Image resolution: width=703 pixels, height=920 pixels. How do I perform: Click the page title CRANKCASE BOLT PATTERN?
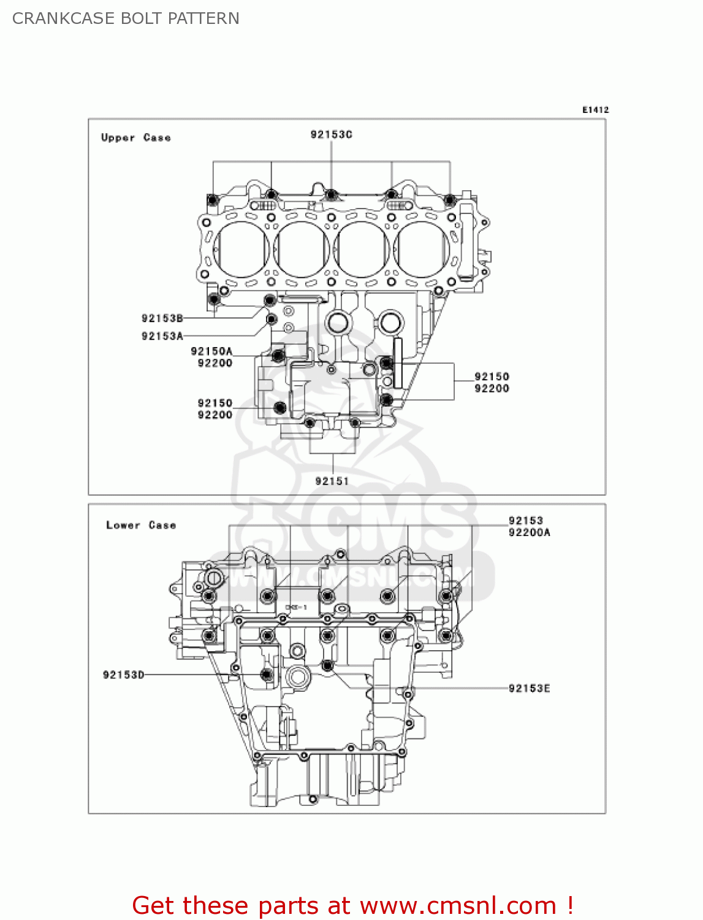(126, 18)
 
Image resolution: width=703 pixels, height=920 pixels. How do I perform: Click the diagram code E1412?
(595, 110)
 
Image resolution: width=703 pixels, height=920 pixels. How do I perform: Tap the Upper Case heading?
(136, 138)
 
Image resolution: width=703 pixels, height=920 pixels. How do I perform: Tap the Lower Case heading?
(141, 526)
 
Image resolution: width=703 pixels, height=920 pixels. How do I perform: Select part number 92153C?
(331, 134)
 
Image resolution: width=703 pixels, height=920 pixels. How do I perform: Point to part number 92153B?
(162, 318)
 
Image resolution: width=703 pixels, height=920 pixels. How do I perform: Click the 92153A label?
(162, 336)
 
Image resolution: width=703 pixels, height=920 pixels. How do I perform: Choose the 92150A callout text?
(211, 351)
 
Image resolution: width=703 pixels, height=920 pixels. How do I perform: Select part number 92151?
(332, 481)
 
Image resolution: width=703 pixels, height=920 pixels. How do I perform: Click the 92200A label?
(529, 532)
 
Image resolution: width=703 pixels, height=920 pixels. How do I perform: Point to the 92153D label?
(124, 675)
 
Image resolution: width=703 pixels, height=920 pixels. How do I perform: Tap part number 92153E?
(529, 688)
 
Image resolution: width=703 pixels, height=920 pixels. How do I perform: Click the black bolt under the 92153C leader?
(332, 195)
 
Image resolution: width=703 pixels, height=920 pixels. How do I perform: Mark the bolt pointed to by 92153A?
(270, 320)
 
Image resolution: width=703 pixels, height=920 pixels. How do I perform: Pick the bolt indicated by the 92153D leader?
(266, 675)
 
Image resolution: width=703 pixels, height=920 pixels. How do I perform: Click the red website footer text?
(352, 905)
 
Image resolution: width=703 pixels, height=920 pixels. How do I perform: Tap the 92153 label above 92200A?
(525, 521)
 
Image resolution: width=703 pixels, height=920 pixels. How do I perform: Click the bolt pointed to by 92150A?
(278, 356)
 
